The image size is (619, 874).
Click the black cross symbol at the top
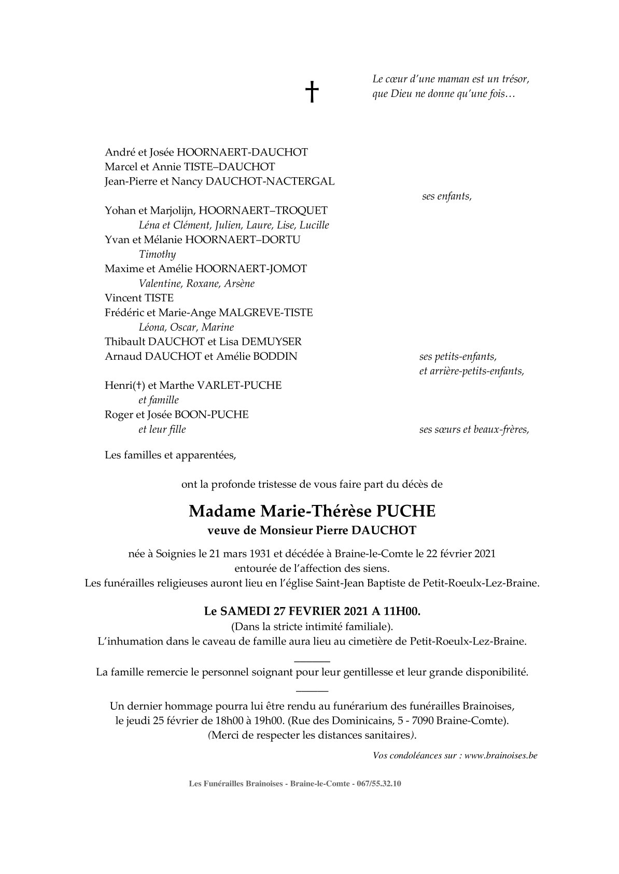coord(311,92)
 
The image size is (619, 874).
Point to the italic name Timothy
coord(158,255)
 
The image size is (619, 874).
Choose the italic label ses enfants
coord(447,197)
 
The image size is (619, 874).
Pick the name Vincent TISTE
coord(139,298)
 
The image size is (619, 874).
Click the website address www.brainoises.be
coord(501,756)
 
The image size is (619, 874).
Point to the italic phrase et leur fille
coord(162,429)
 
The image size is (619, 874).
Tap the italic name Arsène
coord(240,284)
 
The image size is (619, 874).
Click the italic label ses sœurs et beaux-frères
coord(474,430)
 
